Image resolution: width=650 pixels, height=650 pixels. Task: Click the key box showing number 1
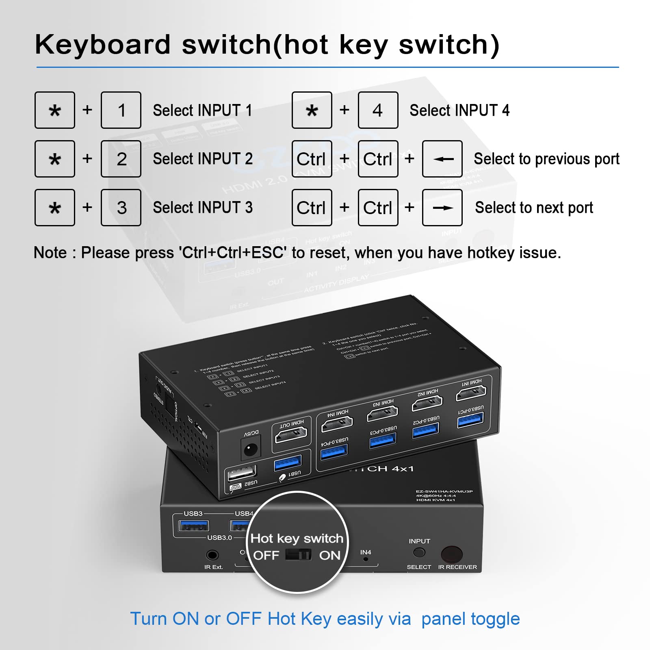pos(121,110)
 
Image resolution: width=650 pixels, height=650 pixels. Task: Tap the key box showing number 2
pos(121,159)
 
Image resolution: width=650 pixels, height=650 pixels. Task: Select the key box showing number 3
pos(121,208)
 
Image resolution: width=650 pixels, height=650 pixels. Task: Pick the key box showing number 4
pos(378,110)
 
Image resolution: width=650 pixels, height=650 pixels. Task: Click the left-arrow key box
pos(442,159)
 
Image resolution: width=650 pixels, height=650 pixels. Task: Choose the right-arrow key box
pos(442,208)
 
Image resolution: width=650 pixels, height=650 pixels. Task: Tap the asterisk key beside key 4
pos(312,110)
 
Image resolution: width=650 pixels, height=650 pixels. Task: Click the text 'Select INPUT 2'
pos(203,159)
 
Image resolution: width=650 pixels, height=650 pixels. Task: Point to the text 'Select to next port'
pos(534,208)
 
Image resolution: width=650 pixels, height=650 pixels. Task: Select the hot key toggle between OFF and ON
pos(298,555)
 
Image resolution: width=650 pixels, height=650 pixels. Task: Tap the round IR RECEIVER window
pos(452,554)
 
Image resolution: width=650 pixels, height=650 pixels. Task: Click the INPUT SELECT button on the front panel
pos(419,552)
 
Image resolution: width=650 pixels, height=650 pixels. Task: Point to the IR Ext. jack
pos(212,555)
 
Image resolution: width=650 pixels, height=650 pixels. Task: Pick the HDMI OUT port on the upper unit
pos(291,435)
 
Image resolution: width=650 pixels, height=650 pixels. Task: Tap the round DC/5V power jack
pos(250,449)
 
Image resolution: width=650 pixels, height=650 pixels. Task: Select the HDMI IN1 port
pos(471,392)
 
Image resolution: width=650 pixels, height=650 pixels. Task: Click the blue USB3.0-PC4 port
pos(334,451)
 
